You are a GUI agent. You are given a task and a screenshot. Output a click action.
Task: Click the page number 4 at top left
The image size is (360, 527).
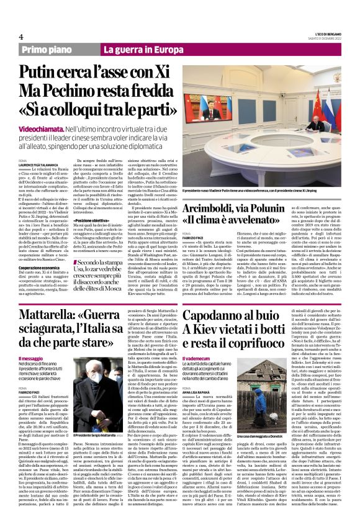pyautogui.click(x=20, y=36)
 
